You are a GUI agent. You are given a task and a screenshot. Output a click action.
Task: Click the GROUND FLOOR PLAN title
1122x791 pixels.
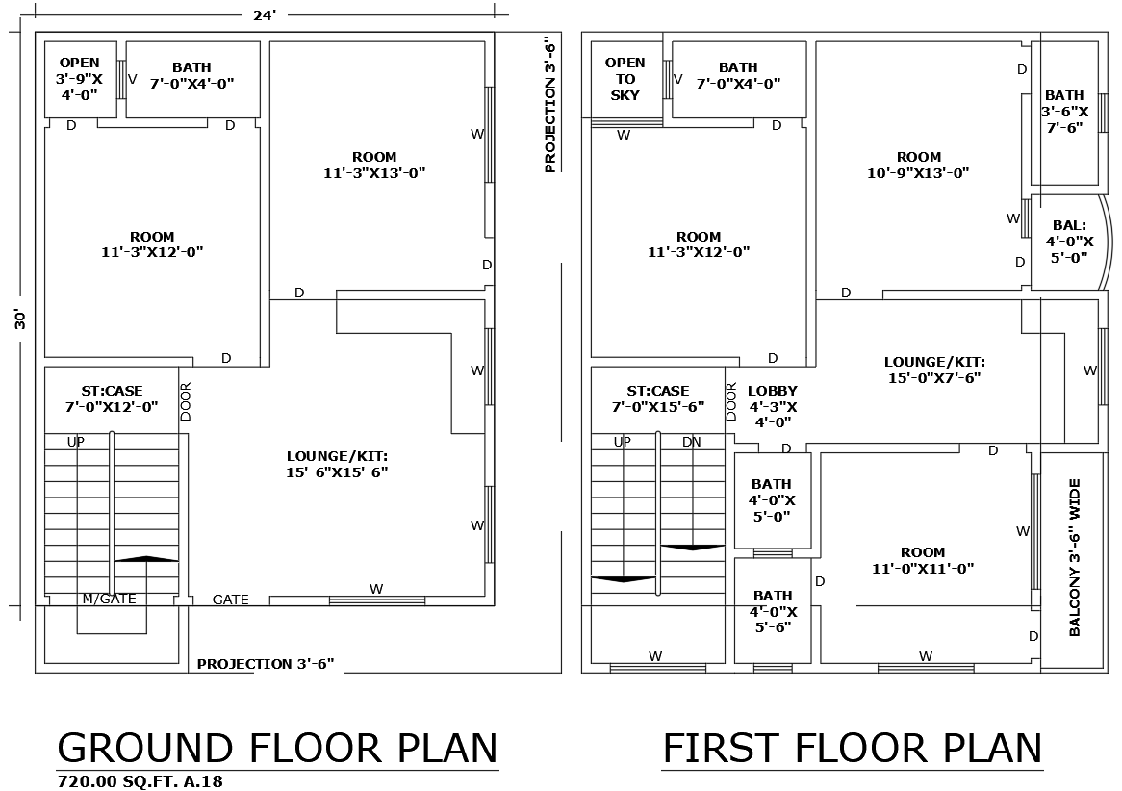[x=277, y=748]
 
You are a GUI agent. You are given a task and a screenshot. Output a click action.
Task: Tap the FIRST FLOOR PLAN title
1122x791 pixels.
[x=852, y=748]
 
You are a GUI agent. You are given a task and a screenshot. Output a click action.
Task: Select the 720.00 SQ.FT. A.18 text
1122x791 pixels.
[x=140, y=781]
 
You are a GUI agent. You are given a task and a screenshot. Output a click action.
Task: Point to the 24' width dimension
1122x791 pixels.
[x=265, y=14]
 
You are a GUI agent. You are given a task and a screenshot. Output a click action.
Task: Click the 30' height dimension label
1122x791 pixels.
[x=19, y=319]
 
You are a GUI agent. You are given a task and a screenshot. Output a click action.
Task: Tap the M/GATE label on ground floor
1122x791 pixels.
[x=109, y=599]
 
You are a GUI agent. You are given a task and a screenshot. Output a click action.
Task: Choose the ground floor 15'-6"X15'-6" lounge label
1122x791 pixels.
[x=337, y=464]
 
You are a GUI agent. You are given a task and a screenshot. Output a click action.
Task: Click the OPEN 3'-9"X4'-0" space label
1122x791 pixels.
[x=80, y=79]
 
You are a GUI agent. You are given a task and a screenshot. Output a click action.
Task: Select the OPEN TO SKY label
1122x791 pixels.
[x=625, y=79]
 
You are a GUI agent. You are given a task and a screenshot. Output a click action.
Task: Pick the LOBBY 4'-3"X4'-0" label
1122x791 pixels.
[x=772, y=406]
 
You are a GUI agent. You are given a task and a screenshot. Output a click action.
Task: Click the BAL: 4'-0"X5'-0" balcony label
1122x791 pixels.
[x=1069, y=242]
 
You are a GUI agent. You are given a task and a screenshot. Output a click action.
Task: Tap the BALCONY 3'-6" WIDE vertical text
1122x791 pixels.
[x=1075, y=558]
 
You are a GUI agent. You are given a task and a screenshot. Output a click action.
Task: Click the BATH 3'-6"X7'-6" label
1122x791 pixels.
[x=1064, y=111]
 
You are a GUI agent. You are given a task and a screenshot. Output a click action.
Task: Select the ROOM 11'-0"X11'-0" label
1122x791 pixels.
[x=923, y=560]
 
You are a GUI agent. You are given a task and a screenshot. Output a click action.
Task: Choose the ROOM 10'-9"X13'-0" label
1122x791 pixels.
[x=918, y=165]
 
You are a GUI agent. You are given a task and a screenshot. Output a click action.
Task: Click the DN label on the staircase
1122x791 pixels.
[x=691, y=442]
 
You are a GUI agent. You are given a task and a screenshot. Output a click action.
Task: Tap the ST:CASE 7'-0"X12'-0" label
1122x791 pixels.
[x=112, y=398]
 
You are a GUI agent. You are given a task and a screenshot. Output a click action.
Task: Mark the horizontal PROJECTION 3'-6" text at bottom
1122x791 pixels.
[x=265, y=664]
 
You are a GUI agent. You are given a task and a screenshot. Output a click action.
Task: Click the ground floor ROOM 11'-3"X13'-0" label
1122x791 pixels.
[x=374, y=165]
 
